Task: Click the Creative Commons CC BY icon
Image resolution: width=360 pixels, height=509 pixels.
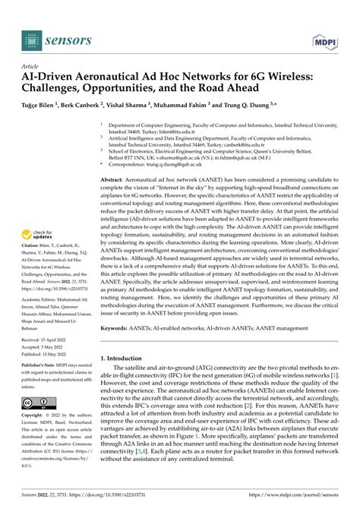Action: pyautogui.click(x=38, y=402)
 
